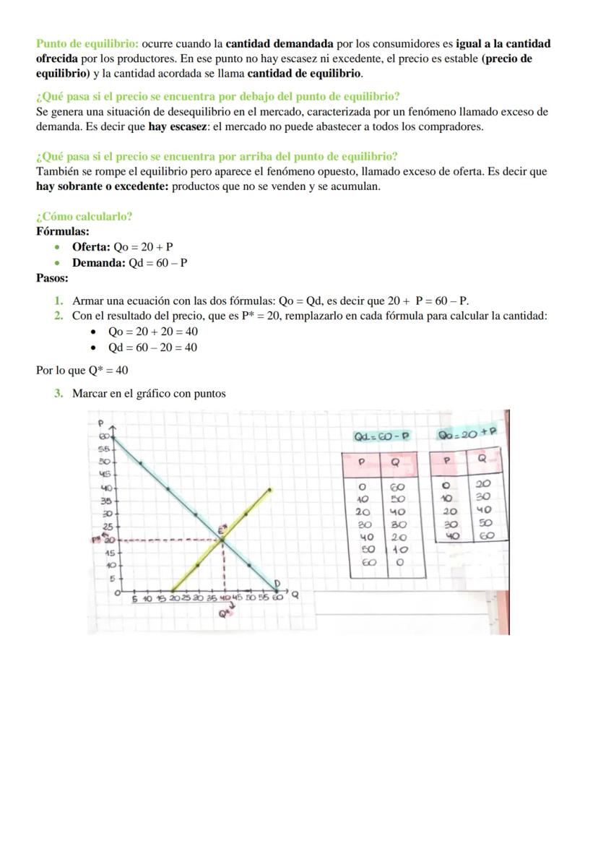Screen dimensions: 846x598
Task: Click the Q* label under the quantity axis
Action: pos(225,614)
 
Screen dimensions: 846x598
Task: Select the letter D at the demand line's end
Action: pos(276,582)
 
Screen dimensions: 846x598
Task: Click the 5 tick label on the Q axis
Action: pos(134,598)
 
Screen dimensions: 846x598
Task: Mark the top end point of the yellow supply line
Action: pos(270,489)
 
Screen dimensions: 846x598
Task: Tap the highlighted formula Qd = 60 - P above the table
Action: pos(381,436)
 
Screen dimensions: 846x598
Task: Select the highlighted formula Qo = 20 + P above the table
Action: pos(468,434)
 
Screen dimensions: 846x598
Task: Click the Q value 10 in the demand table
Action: pos(398,550)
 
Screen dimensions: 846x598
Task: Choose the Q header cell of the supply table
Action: pos(482,459)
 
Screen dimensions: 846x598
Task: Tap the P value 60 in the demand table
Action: pos(369,563)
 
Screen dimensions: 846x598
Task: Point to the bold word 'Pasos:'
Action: pos(52,278)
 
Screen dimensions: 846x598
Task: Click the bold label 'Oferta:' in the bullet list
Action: pos(91,247)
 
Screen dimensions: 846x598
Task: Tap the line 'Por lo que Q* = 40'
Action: pos(82,371)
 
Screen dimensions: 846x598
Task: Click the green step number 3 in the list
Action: pos(58,394)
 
